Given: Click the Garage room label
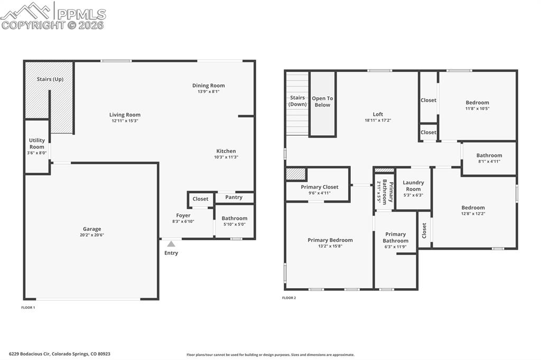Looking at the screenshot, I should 91,229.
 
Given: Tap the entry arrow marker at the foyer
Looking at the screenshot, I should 171,244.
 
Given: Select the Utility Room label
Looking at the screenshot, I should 37,144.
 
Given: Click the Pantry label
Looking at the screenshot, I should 234,197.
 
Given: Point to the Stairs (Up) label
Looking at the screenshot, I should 50,79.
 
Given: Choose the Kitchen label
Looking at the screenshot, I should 226,151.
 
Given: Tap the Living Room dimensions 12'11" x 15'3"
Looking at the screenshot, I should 125,121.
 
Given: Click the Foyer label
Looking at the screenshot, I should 183,215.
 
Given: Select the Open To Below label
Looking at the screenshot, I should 322,101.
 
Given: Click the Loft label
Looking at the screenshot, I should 378,114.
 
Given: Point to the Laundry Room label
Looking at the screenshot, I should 413,186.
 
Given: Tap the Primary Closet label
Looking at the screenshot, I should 320,187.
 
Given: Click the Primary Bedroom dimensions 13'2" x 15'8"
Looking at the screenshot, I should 330,246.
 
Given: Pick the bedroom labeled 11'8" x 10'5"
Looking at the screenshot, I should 477,106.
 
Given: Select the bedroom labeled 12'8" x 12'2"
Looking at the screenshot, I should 472,211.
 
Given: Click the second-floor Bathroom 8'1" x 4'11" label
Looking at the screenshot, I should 489,158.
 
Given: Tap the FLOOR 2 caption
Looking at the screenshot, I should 289,298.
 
